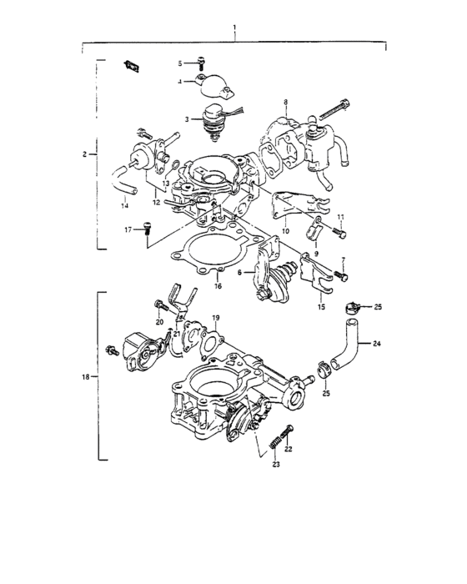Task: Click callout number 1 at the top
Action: [235, 27]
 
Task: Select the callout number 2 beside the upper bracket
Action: [85, 154]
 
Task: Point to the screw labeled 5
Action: [201, 62]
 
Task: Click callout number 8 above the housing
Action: [285, 102]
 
